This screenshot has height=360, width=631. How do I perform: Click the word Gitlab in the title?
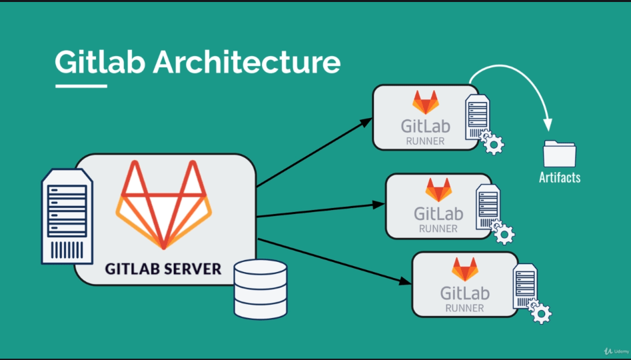(99, 62)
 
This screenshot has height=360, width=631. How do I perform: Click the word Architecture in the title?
(247, 62)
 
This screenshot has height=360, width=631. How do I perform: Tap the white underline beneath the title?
(81, 85)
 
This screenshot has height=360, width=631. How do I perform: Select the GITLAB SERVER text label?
(163, 269)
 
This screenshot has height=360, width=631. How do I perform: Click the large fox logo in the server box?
(164, 205)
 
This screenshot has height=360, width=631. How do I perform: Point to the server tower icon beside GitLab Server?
(67, 215)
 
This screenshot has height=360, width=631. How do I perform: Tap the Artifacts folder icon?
(559, 154)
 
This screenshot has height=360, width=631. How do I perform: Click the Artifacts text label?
(560, 177)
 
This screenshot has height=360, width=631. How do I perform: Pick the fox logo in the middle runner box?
(438, 190)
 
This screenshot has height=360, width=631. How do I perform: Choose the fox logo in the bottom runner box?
(465, 269)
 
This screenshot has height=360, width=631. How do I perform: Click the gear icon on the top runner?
(493, 143)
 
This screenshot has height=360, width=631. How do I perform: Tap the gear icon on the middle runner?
(506, 233)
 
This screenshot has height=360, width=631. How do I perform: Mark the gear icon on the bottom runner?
(542, 313)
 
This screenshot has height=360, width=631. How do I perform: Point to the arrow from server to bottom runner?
(333, 261)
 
